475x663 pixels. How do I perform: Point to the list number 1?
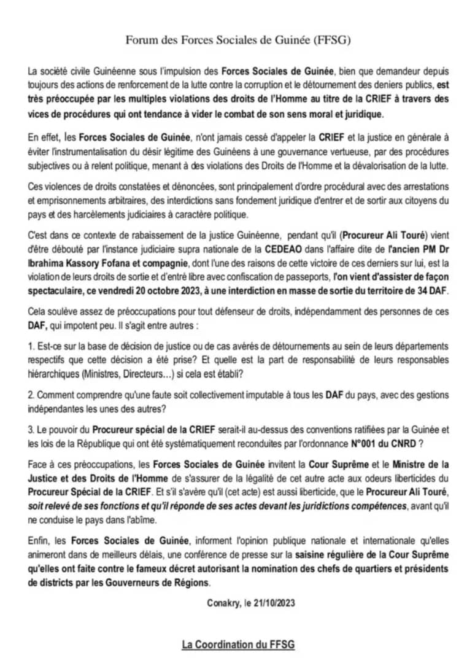(x=31, y=347)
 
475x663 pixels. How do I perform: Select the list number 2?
(x=31, y=395)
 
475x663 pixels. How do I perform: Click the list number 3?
(x=31, y=430)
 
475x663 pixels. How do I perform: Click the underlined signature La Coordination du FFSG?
(x=237, y=644)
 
